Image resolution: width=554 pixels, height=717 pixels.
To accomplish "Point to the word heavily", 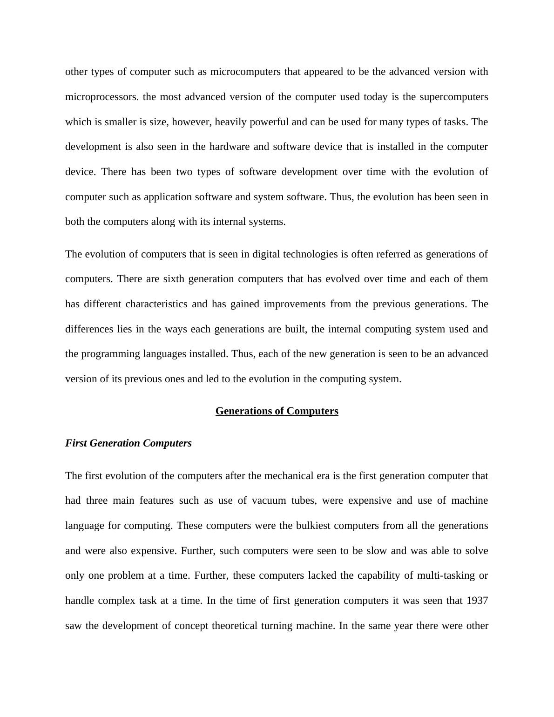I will pos(230,122).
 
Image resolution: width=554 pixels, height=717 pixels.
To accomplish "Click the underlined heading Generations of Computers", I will pos(277,411).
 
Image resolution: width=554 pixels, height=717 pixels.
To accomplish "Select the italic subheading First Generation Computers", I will pos(128,443).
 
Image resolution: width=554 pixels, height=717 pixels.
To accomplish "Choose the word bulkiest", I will pos(314,526).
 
